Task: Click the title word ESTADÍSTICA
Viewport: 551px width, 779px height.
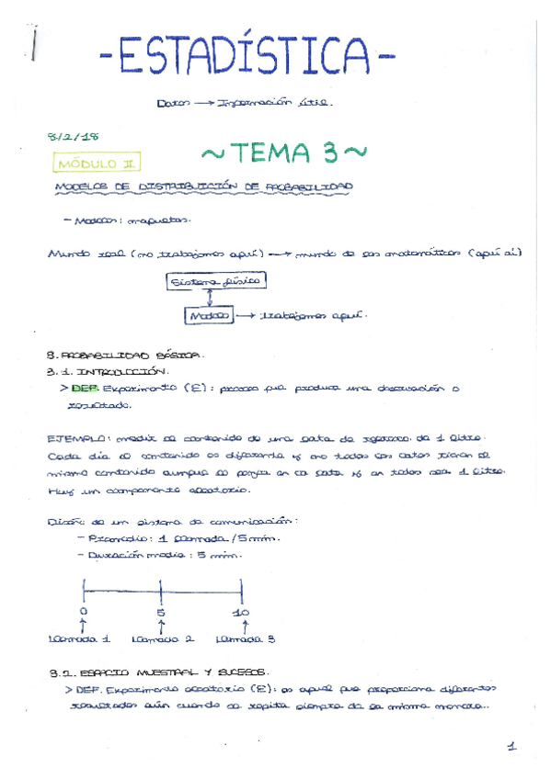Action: (x=247, y=61)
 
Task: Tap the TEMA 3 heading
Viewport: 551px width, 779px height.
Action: (x=284, y=152)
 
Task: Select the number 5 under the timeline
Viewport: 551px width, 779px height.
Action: (x=162, y=612)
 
